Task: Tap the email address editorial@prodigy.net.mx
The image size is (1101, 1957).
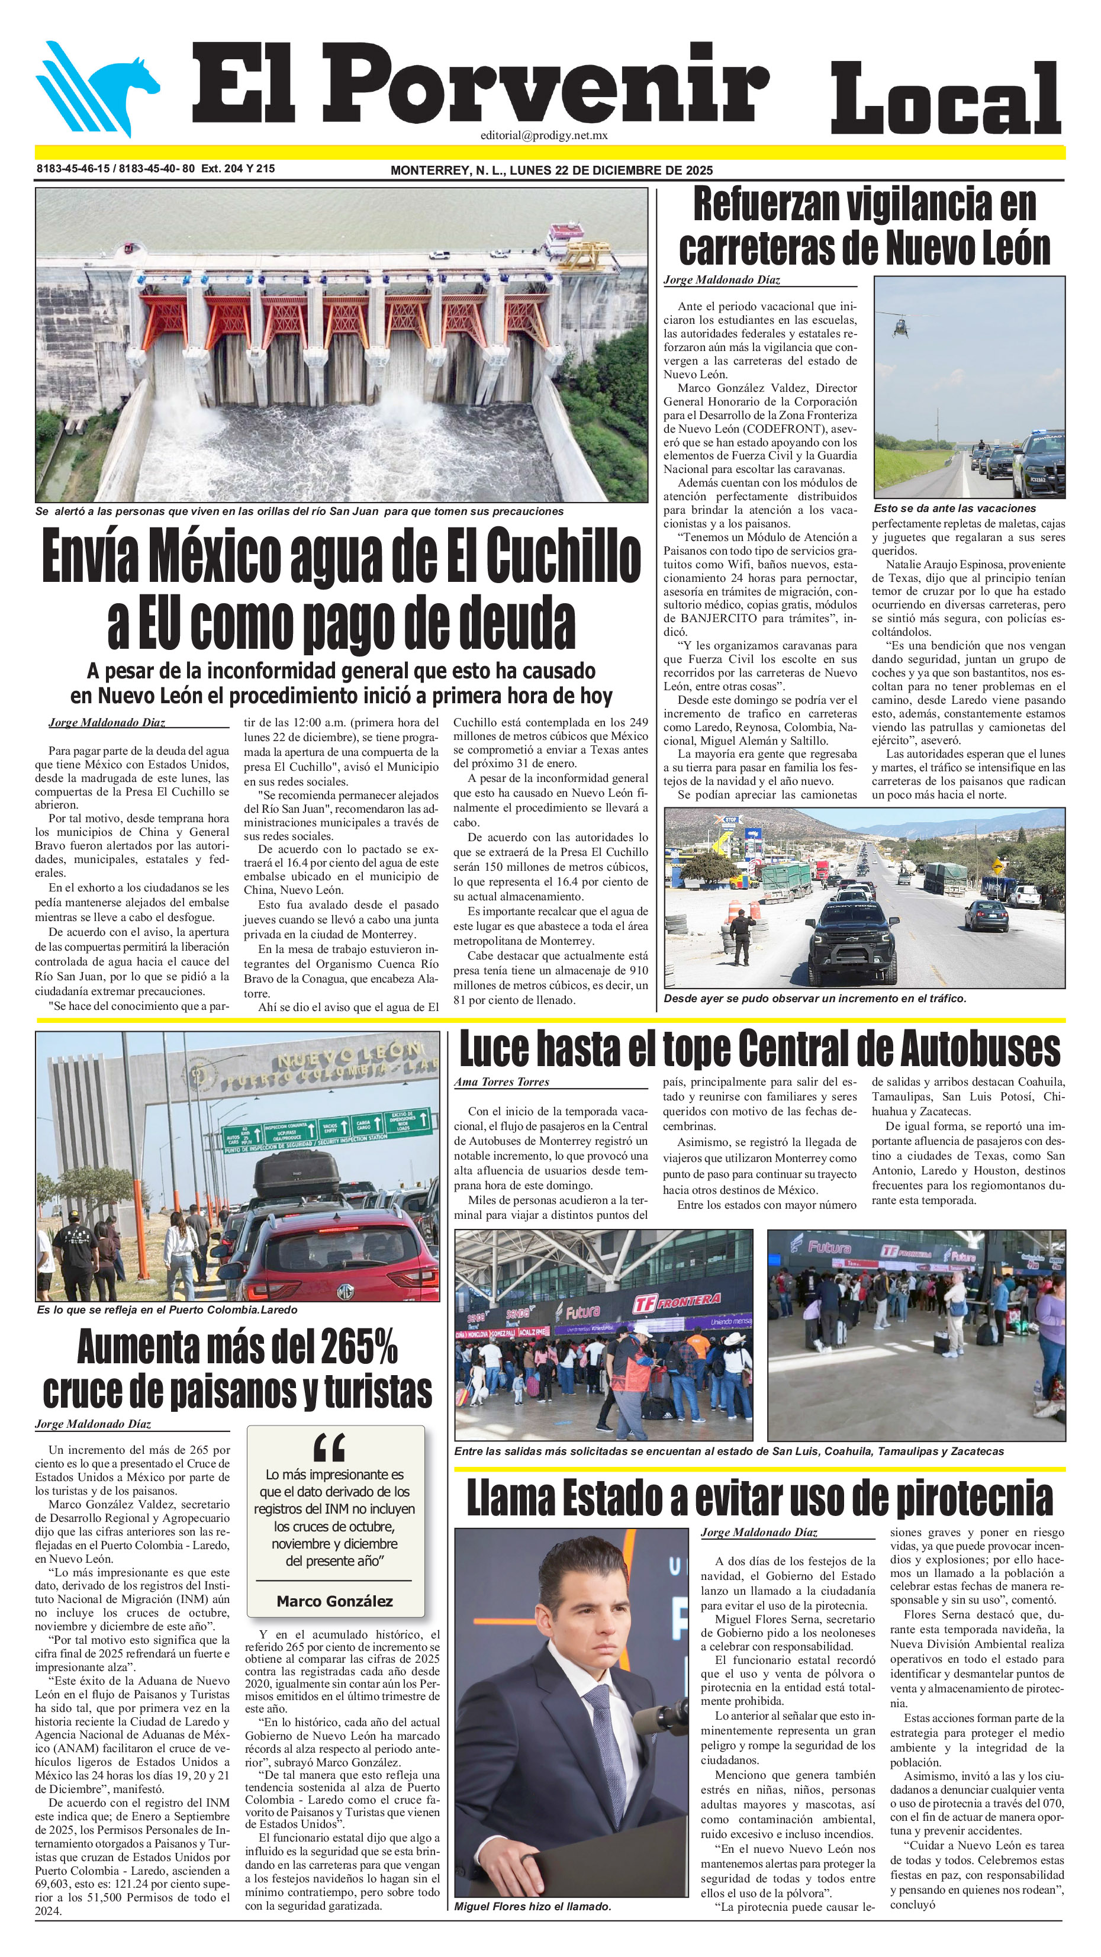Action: (x=543, y=135)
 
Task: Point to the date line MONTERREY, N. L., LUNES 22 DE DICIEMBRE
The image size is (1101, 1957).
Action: (x=551, y=170)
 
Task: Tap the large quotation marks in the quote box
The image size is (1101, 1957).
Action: (x=329, y=1447)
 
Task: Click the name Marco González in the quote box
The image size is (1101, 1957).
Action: (x=334, y=1601)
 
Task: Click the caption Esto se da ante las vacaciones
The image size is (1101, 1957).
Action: (x=954, y=508)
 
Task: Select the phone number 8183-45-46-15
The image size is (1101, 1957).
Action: (x=73, y=169)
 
